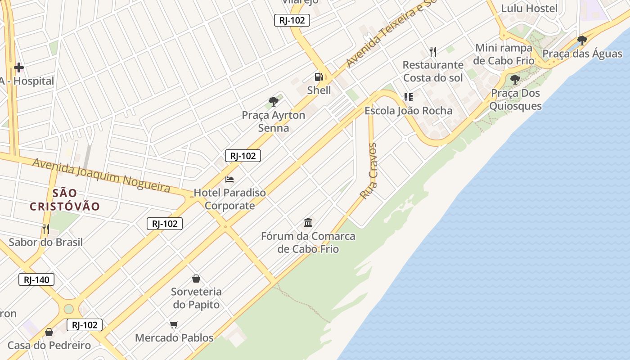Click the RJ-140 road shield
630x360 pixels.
tap(36, 279)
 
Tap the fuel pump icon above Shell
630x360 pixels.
tap(319, 76)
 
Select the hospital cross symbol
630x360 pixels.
tap(19, 67)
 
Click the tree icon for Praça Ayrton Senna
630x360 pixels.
tap(273, 101)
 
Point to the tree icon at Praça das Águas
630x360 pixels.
tap(582, 40)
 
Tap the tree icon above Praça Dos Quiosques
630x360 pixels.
tap(515, 80)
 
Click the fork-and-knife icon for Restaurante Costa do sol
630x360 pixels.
tap(433, 51)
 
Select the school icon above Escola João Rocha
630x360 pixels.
tap(408, 97)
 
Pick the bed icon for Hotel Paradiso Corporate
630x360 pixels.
tap(229, 179)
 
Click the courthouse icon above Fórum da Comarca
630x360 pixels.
tap(308, 222)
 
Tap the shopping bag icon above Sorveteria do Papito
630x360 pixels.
tap(196, 278)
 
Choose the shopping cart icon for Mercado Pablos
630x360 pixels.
tap(174, 324)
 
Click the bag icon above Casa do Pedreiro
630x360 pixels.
tap(49, 332)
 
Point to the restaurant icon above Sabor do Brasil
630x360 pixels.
tap(45, 229)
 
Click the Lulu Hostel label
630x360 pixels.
tap(522, 8)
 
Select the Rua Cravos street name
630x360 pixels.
tap(369, 171)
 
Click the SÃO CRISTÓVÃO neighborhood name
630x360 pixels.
tap(65, 200)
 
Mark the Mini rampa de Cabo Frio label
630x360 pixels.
tap(504, 54)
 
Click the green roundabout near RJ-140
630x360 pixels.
tap(68, 309)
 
